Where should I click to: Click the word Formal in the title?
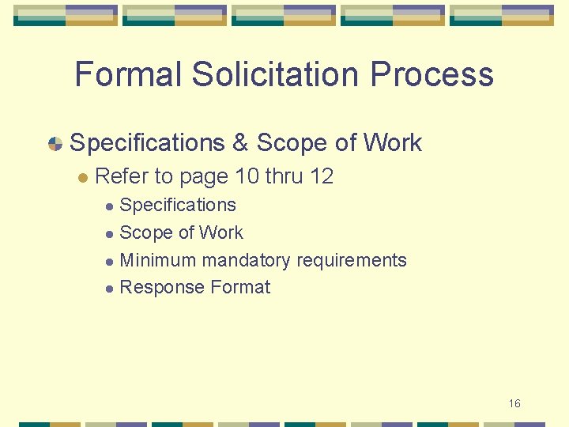pyautogui.click(x=129, y=75)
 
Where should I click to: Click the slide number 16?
pyautogui.click(x=514, y=403)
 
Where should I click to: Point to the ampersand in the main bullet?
pyautogui.click(x=240, y=143)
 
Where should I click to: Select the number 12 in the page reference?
pyautogui.click(x=322, y=176)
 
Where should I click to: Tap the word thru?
pyautogui.click(x=284, y=176)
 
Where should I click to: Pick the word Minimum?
pyautogui.click(x=158, y=260)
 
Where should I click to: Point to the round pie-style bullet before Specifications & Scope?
pyautogui.click(x=55, y=144)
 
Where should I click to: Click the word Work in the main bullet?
pyautogui.click(x=393, y=143)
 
